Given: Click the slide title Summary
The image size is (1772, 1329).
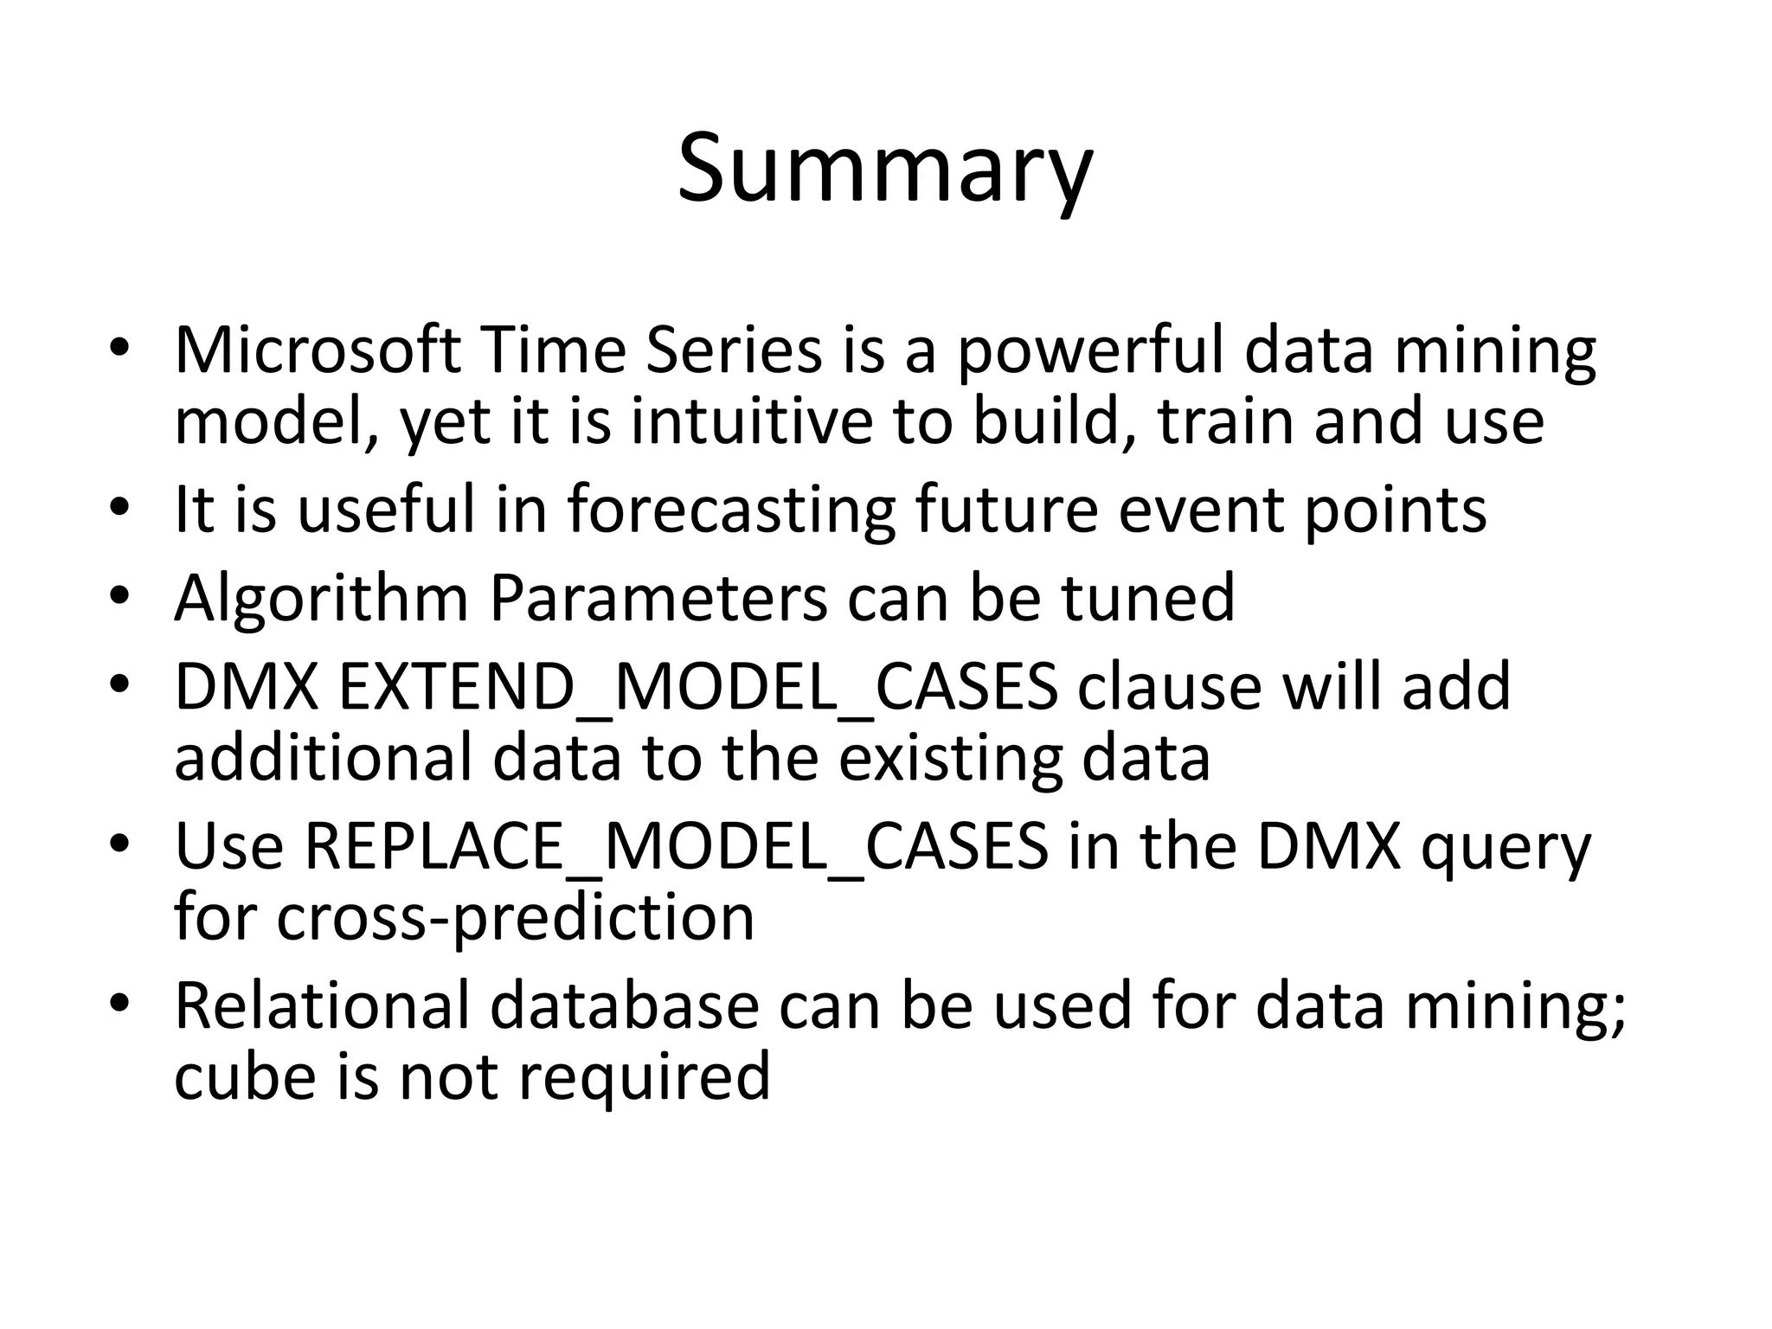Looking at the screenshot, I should tap(885, 170).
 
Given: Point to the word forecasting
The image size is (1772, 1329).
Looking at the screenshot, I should tap(730, 510).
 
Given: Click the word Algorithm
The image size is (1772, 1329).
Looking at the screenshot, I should tap(321, 599).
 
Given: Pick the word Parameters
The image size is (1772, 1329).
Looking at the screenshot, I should tap(658, 598).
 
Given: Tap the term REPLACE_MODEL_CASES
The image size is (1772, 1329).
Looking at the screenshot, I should tap(676, 847).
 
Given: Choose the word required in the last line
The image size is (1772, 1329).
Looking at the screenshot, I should tap(644, 1077).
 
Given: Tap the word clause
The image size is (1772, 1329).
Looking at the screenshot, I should tap(1169, 687).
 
